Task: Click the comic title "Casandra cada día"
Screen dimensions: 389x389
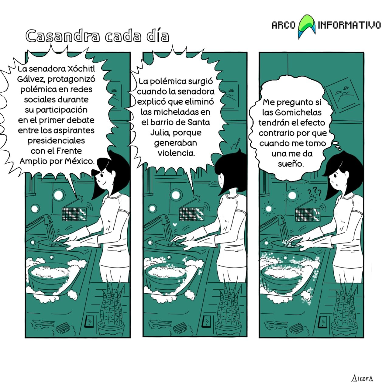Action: pyautogui.click(x=97, y=36)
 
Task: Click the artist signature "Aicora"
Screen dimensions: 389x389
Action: pyautogui.click(x=362, y=378)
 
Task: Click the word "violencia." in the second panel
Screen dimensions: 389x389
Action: pyautogui.click(x=176, y=153)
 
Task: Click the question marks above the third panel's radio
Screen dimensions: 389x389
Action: pyautogui.click(x=314, y=192)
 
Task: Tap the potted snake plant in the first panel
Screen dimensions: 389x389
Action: pyautogui.click(x=111, y=313)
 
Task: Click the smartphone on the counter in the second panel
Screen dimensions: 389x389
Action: pyautogui.click(x=207, y=321)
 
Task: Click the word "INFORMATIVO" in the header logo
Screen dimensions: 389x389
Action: pyautogui.click(x=349, y=25)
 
